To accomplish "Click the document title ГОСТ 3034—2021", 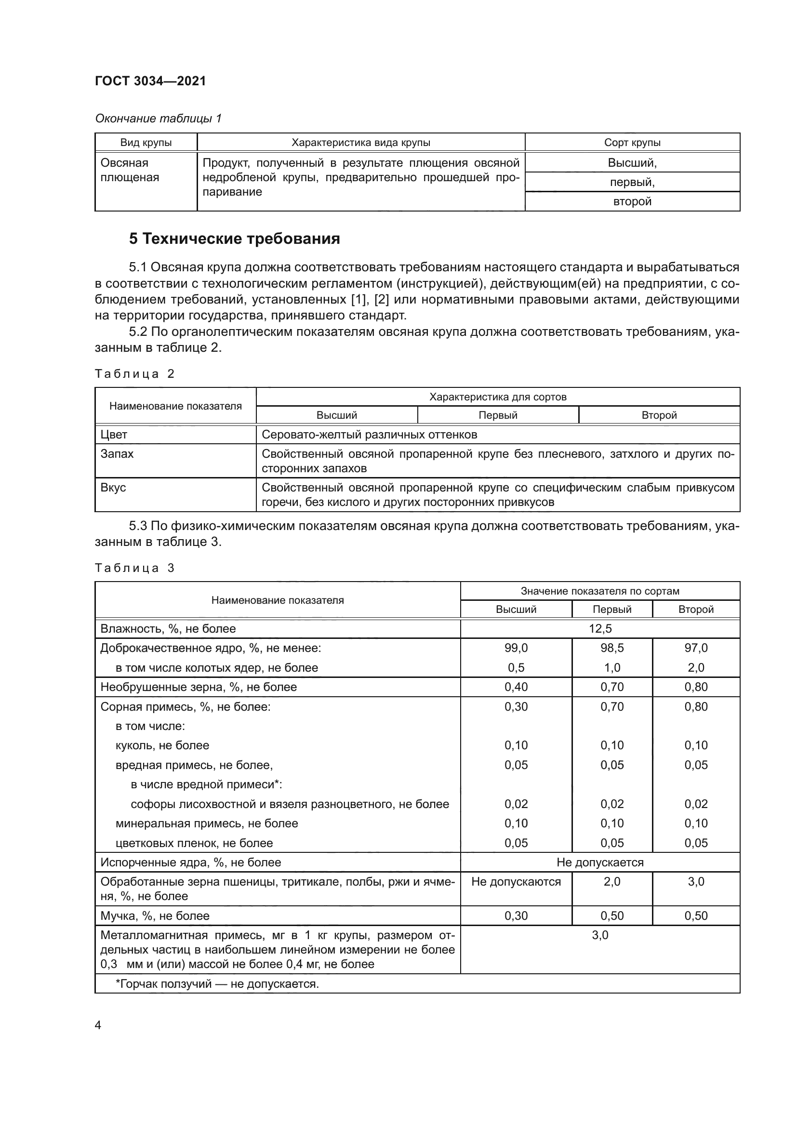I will [x=150, y=81].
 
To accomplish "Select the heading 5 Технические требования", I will [x=234, y=239].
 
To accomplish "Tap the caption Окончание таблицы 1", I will [x=158, y=119].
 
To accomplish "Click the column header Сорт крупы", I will [x=632, y=143].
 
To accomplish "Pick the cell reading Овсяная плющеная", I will [x=130, y=170].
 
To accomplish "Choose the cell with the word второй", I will [x=632, y=201].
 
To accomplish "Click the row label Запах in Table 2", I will [x=117, y=453].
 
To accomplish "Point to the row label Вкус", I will [x=113, y=488].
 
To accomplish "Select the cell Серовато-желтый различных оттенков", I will [x=369, y=435].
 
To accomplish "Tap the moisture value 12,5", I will [x=600, y=629].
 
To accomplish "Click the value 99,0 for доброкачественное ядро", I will [x=516, y=648].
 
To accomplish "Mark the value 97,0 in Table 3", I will [x=695, y=648].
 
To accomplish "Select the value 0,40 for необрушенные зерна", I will [x=516, y=687].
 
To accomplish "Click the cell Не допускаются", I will [x=516, y=882].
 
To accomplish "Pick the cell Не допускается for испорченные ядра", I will [x=600, y=862].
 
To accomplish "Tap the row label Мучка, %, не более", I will [x=155, y=916].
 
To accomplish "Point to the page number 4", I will [x=98, y=1025].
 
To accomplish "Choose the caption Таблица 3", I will [x=134, y=568].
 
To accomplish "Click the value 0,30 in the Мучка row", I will [x=516, y=916].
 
